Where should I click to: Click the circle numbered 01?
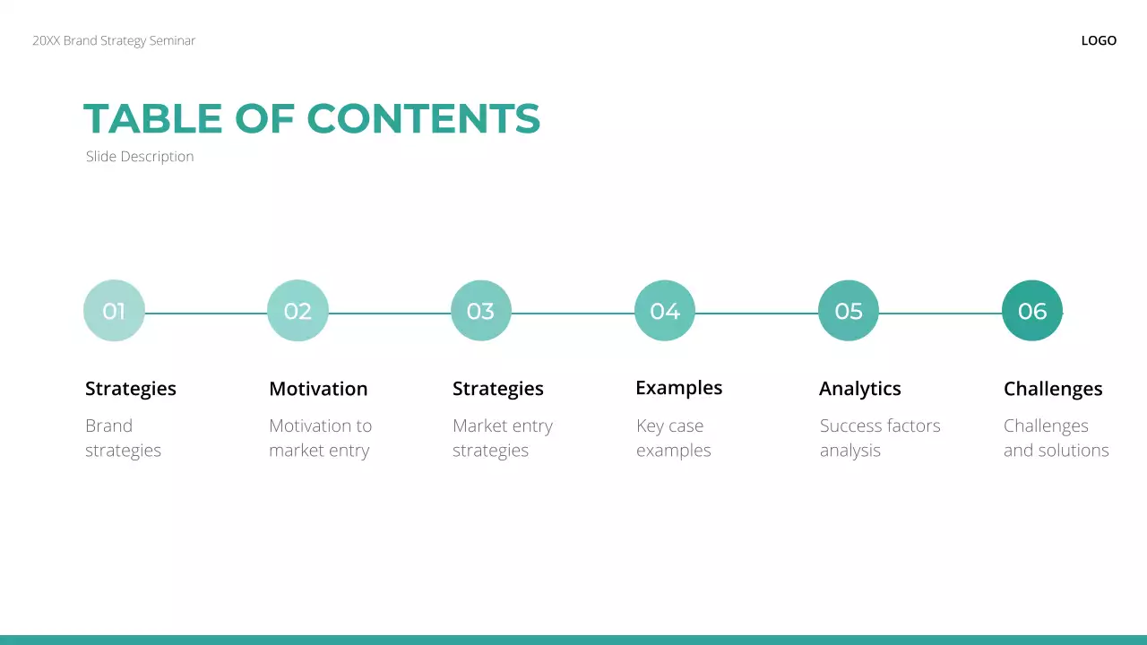point(114,311)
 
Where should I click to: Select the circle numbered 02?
point(298,311)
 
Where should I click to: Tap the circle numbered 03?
point(481,311)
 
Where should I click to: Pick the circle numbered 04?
point(665,311)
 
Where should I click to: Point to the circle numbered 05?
point(849,311)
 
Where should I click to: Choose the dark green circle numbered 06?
point(1032,311)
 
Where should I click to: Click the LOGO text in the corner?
point(1099,40)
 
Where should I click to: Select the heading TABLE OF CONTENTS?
point(312,119)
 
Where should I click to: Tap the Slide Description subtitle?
point(140,157)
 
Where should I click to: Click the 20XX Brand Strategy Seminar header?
point(114,40)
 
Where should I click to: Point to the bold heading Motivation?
point(318,389)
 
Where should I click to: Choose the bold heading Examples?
point(679,388)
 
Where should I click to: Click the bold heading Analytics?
point(860,389)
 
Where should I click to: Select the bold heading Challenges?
point(1053,389)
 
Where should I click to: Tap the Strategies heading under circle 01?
point(131,389)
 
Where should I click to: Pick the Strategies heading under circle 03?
point(498,389)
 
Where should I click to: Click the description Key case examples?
point(673,438)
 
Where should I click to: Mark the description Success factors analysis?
point(880,438)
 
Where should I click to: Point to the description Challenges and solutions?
point(1056,438)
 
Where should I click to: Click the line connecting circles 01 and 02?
point(206,314)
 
